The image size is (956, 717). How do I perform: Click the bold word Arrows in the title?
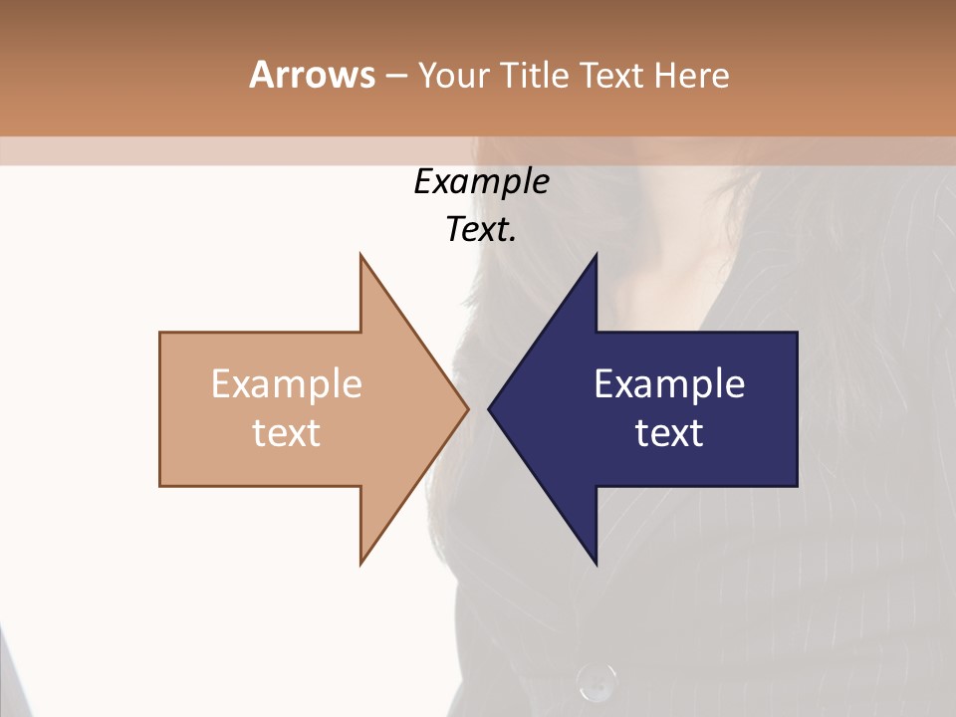[312, 75]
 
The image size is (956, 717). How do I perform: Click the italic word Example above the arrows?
[481, 182]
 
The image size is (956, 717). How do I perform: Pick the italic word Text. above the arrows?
[481, 230]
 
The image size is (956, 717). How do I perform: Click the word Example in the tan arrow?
[287, 384]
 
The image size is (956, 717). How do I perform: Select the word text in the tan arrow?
[287, 433]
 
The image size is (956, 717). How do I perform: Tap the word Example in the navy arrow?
[669, 384]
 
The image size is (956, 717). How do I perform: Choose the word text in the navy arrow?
[669, 433]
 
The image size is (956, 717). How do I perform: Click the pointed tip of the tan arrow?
[467, 408]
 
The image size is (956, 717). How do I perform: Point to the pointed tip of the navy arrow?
[489, 408]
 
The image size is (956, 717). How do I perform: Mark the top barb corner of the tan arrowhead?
[360, 255]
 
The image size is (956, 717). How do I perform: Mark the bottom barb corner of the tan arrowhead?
[360, 564]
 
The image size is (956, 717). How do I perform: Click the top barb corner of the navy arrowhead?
[596, 255]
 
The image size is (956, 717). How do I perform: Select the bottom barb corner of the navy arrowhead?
[596, 564]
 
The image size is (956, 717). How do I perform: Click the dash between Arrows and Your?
[395, 75]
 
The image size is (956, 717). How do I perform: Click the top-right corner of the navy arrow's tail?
[797, 333]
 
